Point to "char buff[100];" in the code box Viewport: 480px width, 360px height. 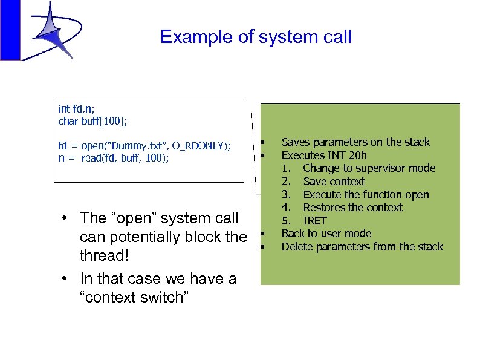pos(92,121)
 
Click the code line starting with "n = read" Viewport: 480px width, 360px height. pos(114,159)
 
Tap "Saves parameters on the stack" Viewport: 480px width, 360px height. pos(355,142)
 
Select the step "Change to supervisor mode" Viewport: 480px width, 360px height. pos(369,168)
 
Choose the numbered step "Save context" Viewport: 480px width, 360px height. pos(334,182)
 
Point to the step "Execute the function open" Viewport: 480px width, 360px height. pos(366,195)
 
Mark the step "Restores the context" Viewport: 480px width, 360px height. pos(352,208)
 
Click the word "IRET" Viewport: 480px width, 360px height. pos(314,221)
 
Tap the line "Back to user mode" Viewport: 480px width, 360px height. pos(326,234)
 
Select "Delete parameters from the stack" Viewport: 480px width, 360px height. pos(362,247)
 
